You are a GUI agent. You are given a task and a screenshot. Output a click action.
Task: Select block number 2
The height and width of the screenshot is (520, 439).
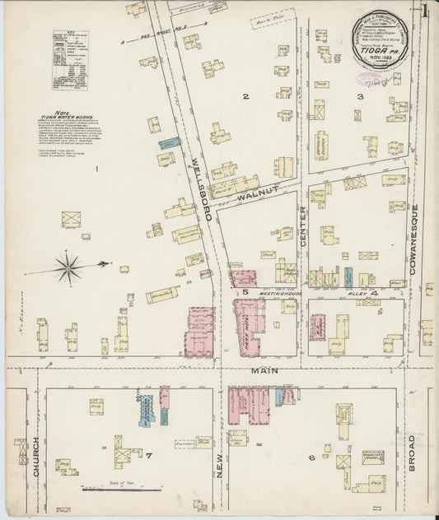point(245,97)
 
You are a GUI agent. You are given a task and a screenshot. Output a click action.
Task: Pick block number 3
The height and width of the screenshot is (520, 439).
point(359,97)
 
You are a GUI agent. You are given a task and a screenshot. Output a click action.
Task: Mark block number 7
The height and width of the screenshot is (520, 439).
point(150,454)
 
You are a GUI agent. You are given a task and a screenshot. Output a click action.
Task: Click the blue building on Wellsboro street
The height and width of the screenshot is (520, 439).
point(169,142)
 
